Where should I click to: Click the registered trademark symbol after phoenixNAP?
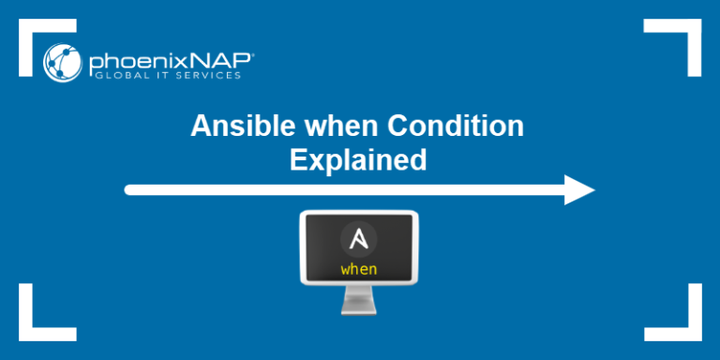coord(250,55)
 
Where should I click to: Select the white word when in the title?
coord(320,127)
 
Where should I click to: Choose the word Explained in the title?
coord(359,160)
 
